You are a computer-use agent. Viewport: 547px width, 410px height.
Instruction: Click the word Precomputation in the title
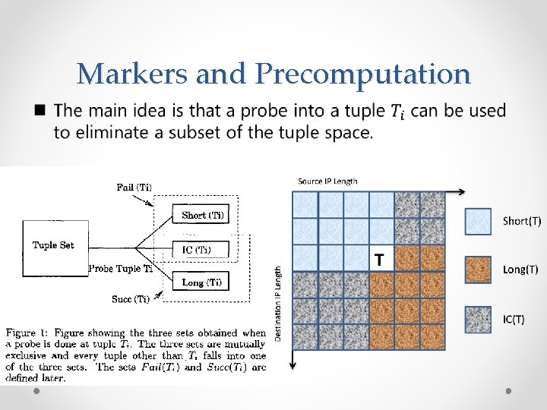[363, 74]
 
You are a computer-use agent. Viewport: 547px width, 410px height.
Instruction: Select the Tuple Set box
[55, 245]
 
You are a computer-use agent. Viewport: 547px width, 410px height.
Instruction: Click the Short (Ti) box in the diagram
[201, 216]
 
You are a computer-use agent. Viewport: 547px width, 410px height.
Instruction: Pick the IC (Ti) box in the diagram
[201, 250]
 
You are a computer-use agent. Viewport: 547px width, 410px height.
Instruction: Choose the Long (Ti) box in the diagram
[201, 282]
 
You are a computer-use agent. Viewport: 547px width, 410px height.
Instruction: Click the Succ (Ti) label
[131, 299]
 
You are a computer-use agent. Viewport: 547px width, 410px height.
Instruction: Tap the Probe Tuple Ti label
[121, 268]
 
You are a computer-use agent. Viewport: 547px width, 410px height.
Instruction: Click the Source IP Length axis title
[327, 181]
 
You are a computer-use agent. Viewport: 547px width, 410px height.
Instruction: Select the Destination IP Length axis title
[278, 302]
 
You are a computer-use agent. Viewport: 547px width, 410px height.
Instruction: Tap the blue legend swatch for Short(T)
[478, 221]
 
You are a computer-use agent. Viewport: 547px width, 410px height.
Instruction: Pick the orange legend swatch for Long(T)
[478, 270]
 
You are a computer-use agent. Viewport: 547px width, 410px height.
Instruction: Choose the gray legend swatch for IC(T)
[478, 319]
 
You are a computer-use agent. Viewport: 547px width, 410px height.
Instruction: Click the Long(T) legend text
[520, 270]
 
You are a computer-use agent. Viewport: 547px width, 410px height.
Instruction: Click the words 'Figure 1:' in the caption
[27, 333]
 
